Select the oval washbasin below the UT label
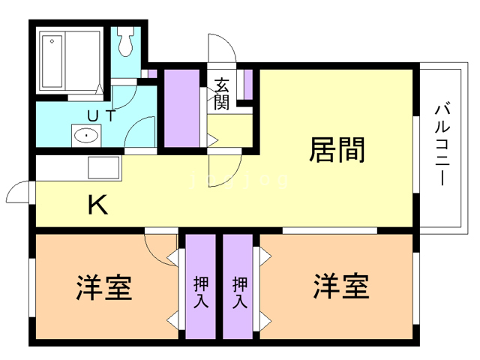(x=86, y=136)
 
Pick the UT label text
(x=101, y=115)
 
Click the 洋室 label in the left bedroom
(x=104, y=287)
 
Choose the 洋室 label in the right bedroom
(x=341, y=287)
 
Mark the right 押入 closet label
(x=240, y=292)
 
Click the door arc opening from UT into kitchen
(x=142, y=132)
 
